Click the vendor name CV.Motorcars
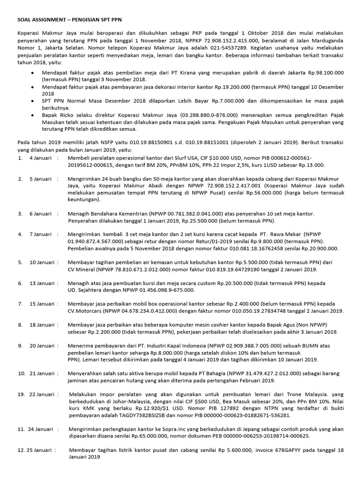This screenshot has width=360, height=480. click(x=87, y=311)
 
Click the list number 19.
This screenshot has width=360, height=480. click(x=21, y=395)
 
